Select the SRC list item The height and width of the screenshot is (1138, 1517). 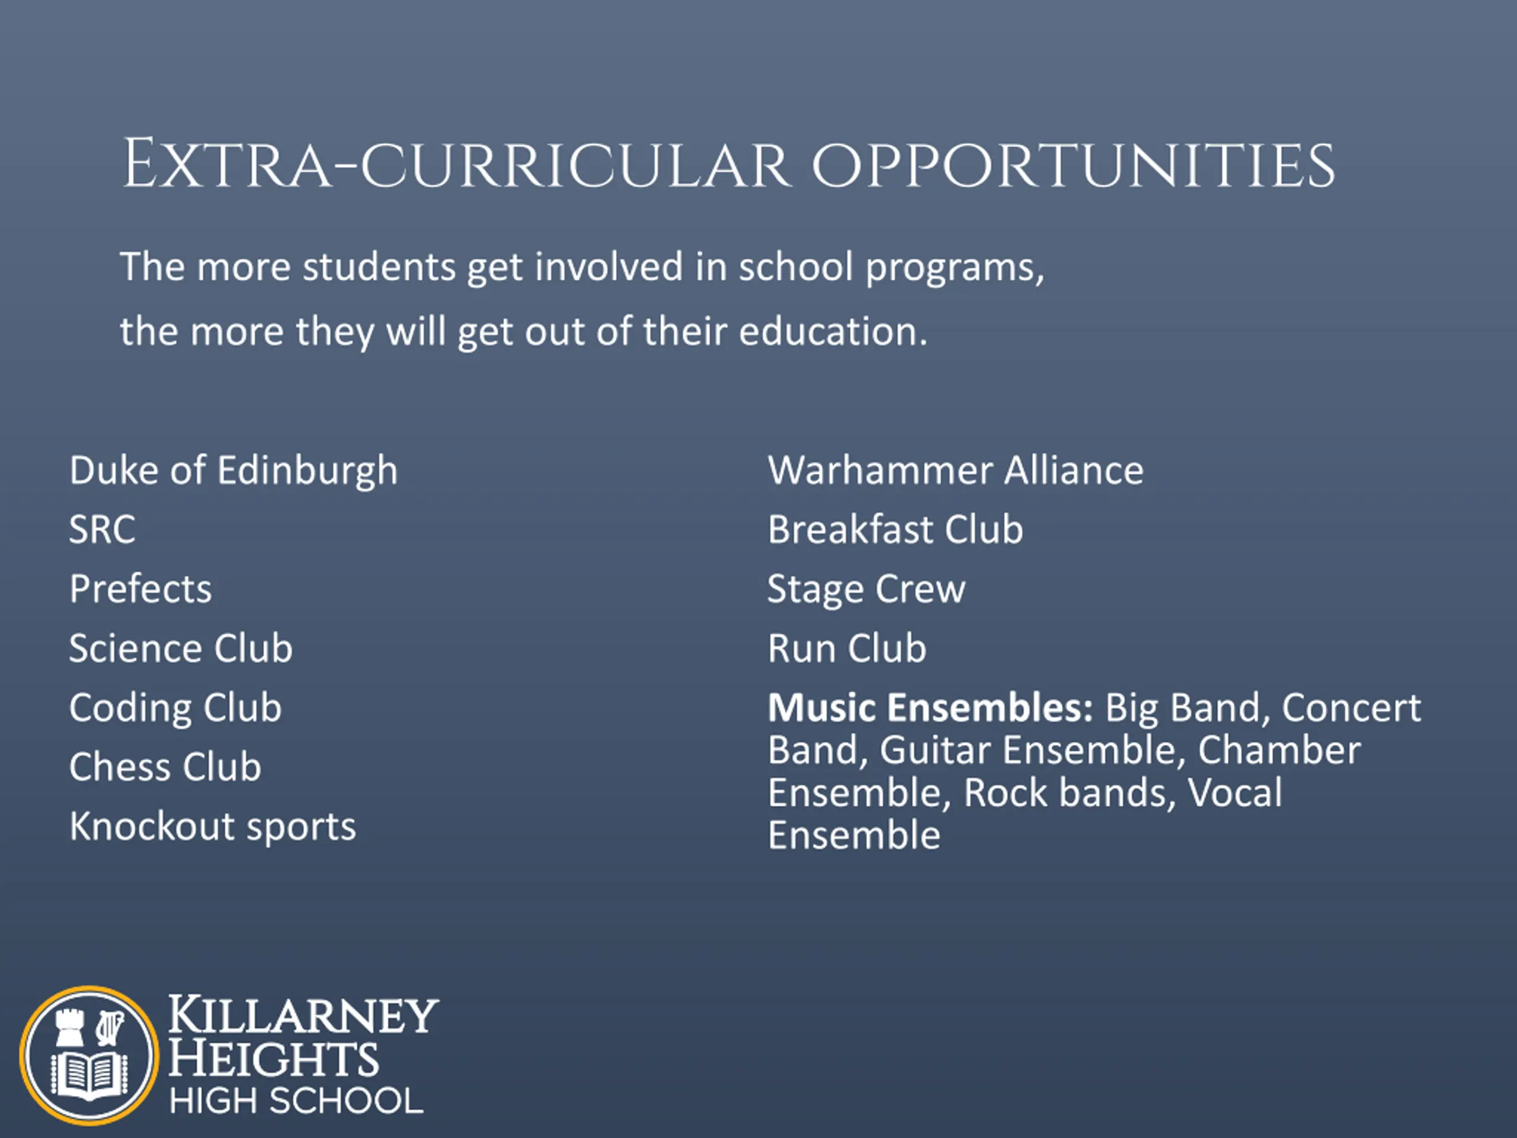[102, 529]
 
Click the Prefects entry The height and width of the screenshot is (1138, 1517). [140, 589]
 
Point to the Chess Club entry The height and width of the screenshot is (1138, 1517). [165, 766]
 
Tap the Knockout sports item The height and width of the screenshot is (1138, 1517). [213, 827]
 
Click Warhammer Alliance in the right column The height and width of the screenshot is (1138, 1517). [955, 471]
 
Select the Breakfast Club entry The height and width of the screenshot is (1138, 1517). [895, 529]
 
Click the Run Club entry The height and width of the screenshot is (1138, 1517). [847, 648]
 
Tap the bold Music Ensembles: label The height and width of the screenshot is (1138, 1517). [930, 707]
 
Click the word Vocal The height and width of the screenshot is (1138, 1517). [1234, 792]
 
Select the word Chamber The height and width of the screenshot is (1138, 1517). [1279, 750]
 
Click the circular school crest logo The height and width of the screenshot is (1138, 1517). [88, 1055]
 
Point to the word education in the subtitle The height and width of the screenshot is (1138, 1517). [833, 331]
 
